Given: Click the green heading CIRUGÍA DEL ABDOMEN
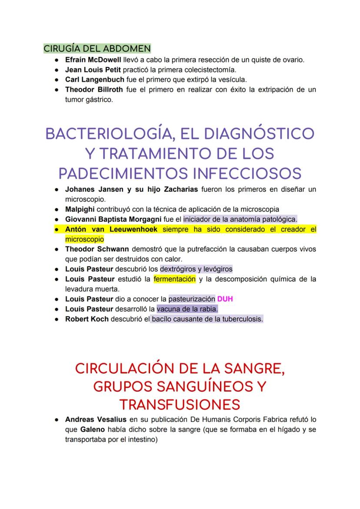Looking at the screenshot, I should point(97,48).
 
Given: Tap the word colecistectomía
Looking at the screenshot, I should point(208,70).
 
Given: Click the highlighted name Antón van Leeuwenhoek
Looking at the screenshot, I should point(111,229).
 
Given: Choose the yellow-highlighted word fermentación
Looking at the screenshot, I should point(174,279).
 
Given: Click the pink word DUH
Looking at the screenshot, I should point(225,299).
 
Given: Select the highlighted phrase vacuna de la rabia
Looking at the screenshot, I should point(187,309).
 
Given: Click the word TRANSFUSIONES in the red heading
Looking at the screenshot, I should point(180,404).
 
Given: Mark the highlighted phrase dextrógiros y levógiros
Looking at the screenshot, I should point(196,269).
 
